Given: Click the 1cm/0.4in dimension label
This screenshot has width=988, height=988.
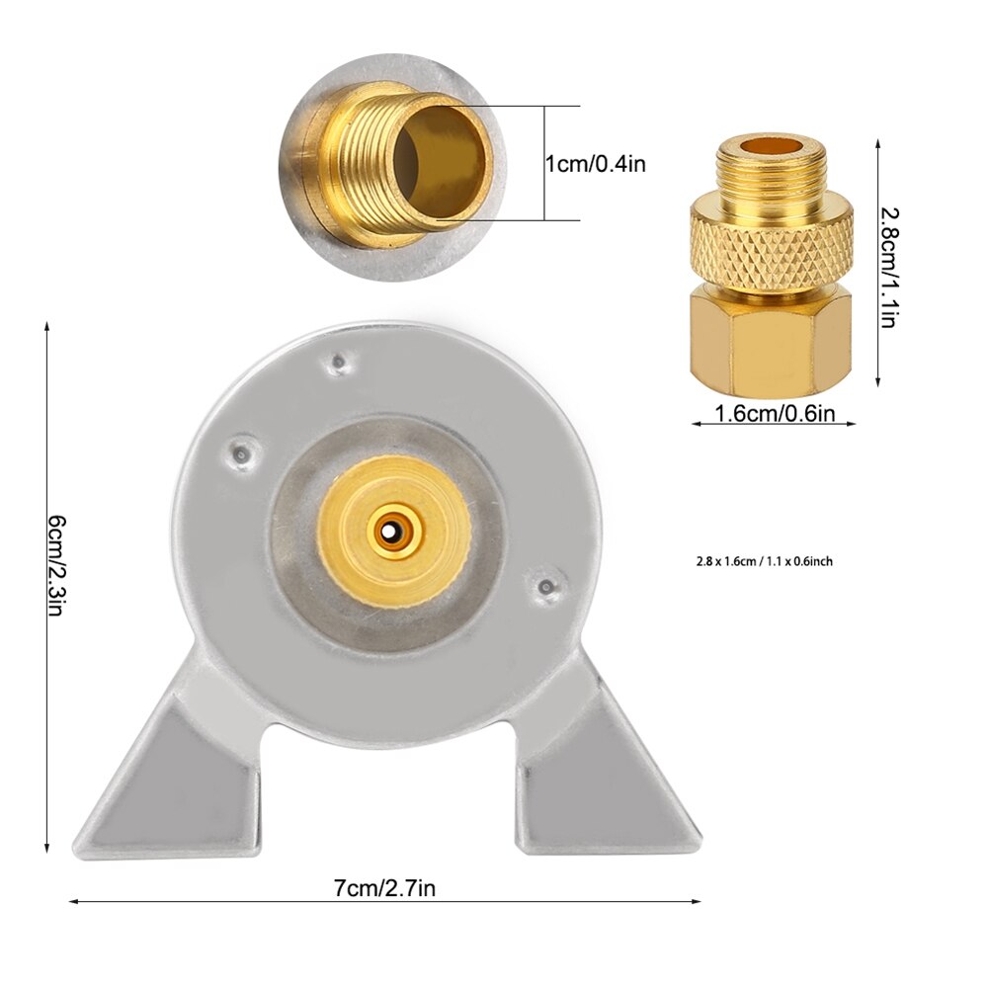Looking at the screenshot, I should click(x=596, y=163).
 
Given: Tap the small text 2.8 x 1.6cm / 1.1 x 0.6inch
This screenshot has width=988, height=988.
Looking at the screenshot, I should click(x=764, y=561).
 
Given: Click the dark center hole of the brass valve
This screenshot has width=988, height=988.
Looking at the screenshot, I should click(x=392, y=533).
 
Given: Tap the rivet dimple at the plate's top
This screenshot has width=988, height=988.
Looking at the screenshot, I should click(x=339, y=363).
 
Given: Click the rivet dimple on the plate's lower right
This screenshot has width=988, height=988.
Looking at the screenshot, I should click(x=545, y=588).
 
